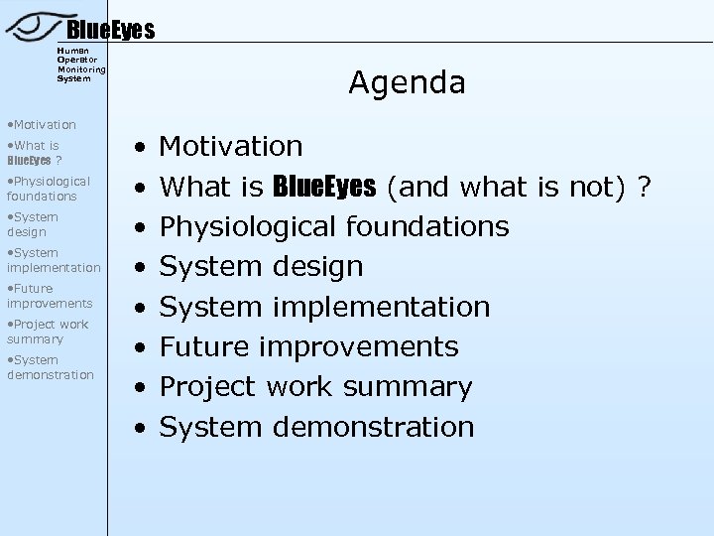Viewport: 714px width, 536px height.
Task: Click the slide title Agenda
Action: tap(407, 83)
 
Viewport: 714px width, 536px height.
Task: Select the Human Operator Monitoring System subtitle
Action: tap(81, 65)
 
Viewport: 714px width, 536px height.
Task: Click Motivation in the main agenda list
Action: tap(231, 147)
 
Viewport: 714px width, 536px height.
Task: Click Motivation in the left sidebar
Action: tap(42, 125)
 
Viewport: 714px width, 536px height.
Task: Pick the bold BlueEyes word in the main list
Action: tap(323, 187)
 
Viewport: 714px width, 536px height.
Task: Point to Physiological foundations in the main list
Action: tap(334, 226)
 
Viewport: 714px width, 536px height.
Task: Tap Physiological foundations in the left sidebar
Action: tap(49, 189)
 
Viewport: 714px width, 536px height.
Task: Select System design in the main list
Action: tap(262, 266)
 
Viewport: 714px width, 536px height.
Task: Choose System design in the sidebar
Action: tap(33, 224)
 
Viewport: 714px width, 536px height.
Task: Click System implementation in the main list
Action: tap(324, 307)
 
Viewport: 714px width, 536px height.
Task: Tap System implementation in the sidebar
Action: tap(54, 260)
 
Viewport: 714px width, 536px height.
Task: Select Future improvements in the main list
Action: tap(308, 346)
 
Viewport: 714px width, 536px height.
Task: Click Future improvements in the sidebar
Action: tap(50, 296)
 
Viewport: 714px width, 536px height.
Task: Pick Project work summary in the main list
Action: tap(315, 386)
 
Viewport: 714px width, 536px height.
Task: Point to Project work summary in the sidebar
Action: tap(48, 332)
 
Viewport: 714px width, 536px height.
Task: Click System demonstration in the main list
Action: tap(316, 427)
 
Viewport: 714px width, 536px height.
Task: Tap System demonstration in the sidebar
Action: tap(51, 367)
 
